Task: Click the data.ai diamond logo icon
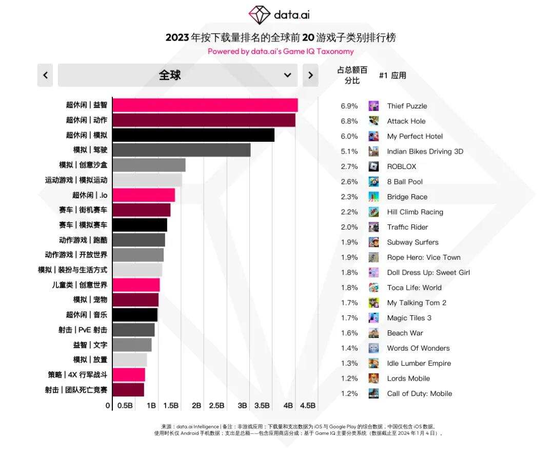coord(259,15)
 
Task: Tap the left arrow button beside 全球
coord(45,75)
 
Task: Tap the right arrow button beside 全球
coord(310,75)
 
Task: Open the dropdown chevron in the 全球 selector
coord(287,75)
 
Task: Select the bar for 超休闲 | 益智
coord(205,105)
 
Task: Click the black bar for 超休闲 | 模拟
coord(193,135)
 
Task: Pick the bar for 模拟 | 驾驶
coord(181,150)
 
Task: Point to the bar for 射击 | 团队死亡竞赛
coord(128,390)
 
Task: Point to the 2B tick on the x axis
coord(196,406)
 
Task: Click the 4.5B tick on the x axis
coord(308,406)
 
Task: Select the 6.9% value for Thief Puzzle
coord(349,106)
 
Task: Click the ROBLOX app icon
coord(373,166)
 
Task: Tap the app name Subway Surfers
coord(412,242)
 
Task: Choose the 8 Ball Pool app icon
coord(373,182)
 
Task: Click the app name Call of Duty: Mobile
coord(419,394)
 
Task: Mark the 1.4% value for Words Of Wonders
coord(349,348)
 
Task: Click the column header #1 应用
coord(392,75)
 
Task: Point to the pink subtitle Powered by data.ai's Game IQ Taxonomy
coord(281,51)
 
